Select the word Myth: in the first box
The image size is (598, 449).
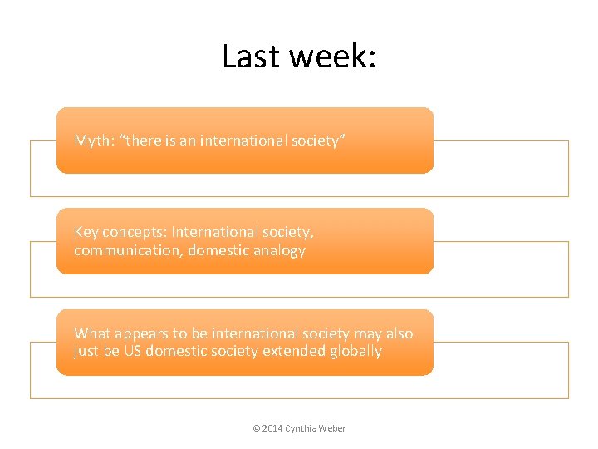click(95, 141)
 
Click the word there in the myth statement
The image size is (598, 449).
click(145, 141)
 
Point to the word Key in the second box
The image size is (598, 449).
click(86, 233)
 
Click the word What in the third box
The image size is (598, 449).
click(91, 333)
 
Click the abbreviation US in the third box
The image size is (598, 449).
click(132, 351)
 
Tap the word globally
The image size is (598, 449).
click(355, 351)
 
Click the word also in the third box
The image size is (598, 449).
click(399, 333)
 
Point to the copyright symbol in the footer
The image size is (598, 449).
click(256, 428)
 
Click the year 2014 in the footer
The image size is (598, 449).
click(272, 428)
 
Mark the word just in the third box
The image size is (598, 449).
click(86, 351)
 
